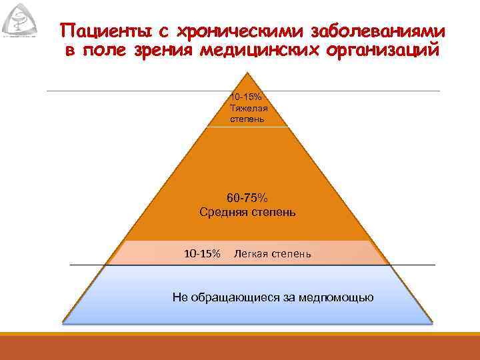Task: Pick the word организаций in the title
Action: point(387,51)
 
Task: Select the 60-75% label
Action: point(247,198)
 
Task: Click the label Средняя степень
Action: point(247,213)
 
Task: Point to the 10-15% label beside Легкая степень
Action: point(202,254)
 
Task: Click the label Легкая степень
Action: point(272,254)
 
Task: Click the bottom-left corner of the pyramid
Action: point(63,323)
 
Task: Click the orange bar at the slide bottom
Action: point(240,346)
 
